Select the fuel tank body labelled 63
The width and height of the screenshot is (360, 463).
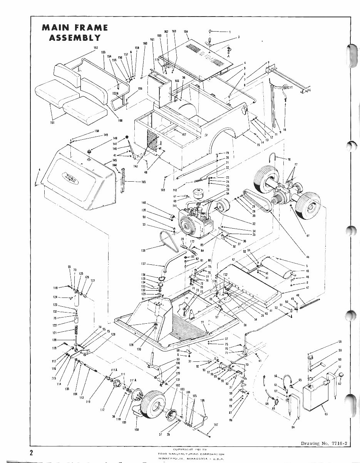click(314, 393)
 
